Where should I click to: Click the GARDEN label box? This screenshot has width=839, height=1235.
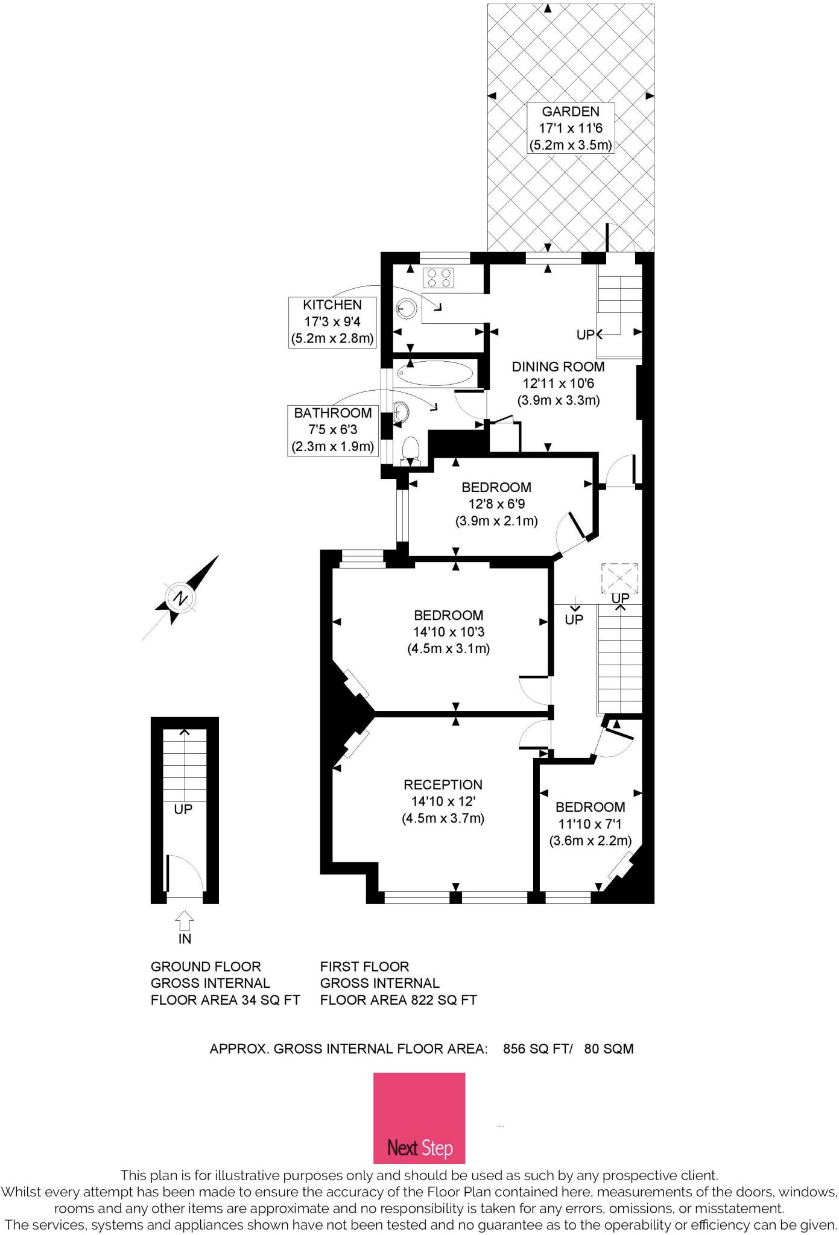(571, 128)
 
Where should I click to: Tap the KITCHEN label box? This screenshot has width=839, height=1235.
(332, 322)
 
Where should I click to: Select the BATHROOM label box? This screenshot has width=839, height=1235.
(332, 430)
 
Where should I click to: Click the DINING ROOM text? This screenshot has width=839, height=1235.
(558, 366)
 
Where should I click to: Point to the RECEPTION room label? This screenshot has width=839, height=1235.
(443, 801)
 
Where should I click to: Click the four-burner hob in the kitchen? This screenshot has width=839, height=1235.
(438, 278)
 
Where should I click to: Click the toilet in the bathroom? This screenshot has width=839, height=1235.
(410, 450)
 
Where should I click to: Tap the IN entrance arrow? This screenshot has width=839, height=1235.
(185, 920)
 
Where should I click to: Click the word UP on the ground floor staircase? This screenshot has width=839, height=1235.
(183, 809)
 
